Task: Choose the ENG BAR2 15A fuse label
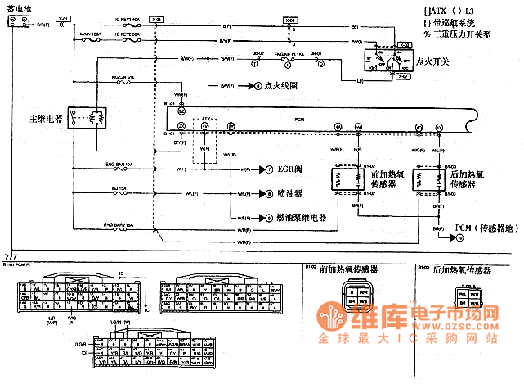coord(119,222)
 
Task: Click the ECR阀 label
coord(289,170)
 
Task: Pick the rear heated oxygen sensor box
coord(429,178)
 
